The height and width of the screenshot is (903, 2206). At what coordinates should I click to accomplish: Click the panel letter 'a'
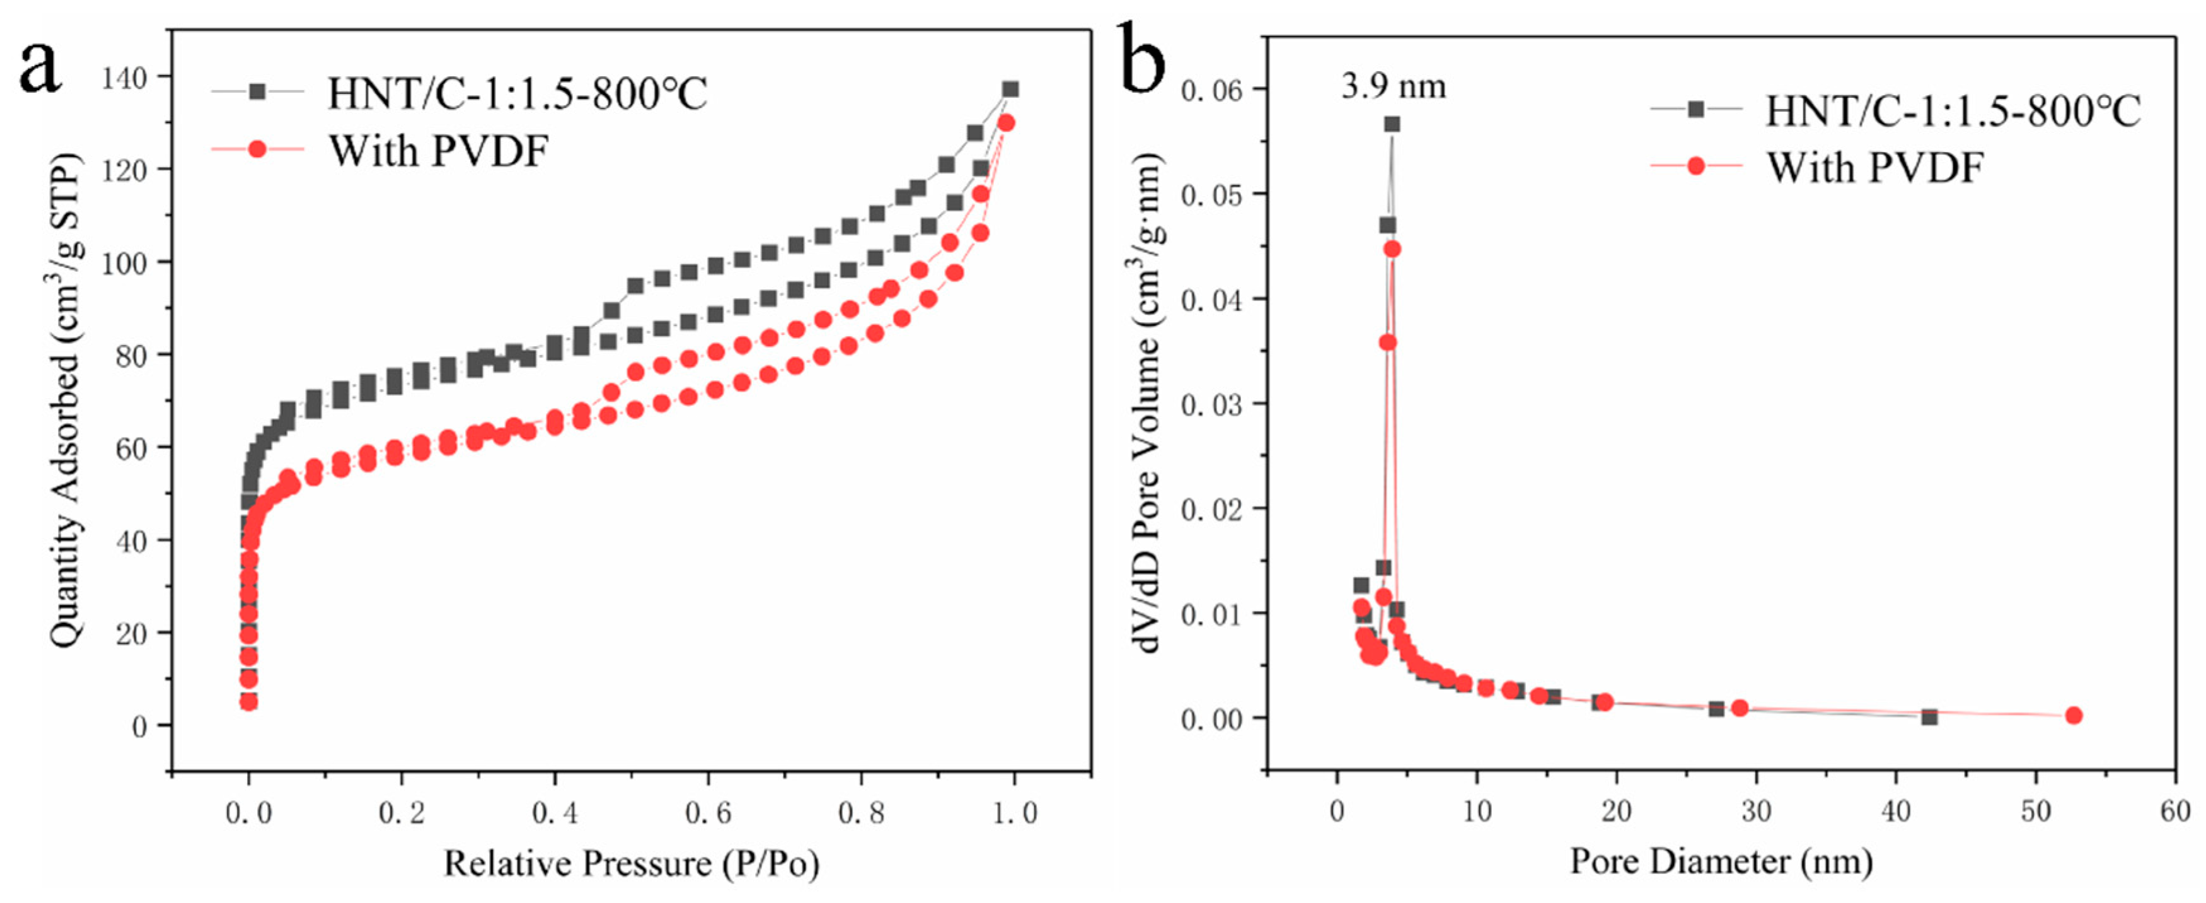[40, 69]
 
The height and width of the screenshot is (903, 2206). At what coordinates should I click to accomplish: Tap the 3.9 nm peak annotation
[1394, 86]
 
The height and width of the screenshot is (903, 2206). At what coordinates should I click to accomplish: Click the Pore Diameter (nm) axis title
[1721, 860]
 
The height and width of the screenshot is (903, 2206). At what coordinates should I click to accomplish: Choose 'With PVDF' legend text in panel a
[439, 151]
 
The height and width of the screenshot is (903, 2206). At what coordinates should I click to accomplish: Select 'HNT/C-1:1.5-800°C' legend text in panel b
[1953, 110]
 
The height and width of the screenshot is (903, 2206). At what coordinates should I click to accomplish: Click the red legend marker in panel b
[1695, 165]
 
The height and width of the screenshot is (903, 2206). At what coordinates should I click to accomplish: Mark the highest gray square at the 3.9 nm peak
[1392, 124]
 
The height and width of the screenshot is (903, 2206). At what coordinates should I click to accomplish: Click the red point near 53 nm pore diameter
[2073, 715]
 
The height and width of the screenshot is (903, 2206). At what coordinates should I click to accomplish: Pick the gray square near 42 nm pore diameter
[1929, 717]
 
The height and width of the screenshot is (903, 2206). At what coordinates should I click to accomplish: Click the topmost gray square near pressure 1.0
[1010, 89]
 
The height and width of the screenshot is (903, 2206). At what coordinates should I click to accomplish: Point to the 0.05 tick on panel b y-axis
[1211, 194]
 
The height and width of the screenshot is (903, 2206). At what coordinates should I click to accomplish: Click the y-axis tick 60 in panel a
[131, 449]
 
